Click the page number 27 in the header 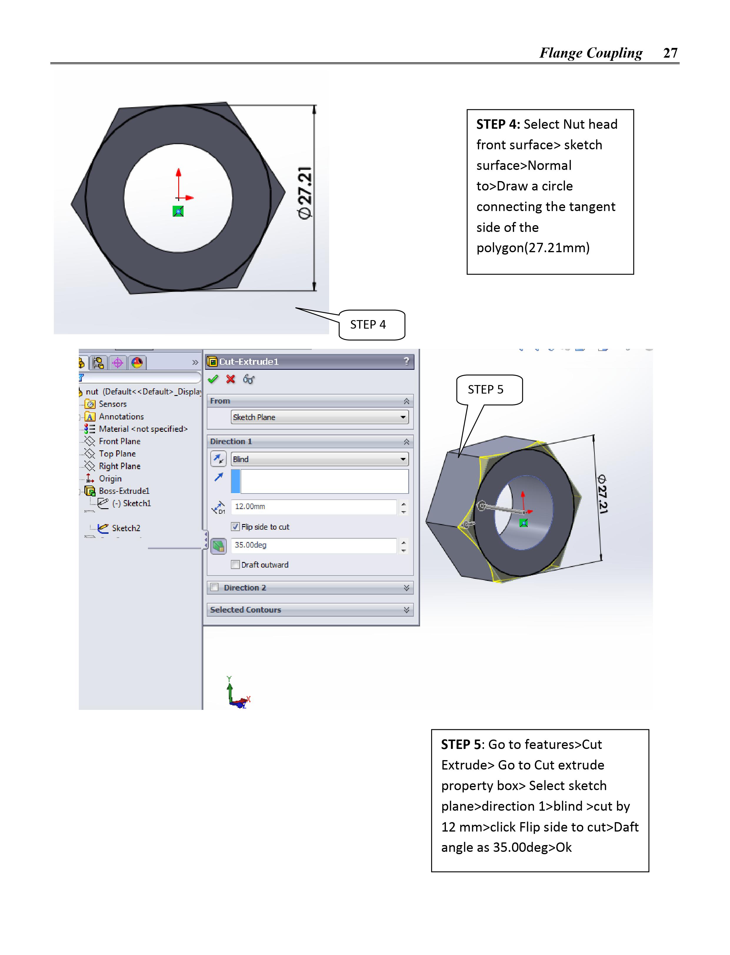click(670, 53)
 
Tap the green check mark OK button click(213, 379)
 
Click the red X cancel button click(231, 379)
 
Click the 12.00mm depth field click(314, 506)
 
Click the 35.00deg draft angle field click(314, 545)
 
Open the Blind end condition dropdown click(320, 459)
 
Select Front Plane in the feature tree click(119, 441)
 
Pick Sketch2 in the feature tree click(126, 528)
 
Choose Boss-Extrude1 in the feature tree click(124, 491)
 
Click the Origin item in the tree click(110, 479)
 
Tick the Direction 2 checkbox click(214, 587)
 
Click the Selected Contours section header click(246, 610)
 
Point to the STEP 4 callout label click(368, 325)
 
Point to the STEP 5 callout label click(485, 389)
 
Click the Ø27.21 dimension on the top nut click(305, 193)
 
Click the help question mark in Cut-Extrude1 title click(406, 361)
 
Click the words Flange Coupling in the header click(591, 53)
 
